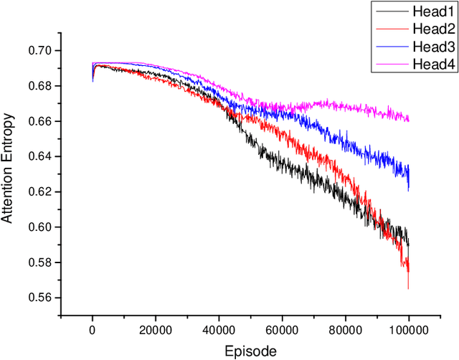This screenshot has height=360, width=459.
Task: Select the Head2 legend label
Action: coord(432,29)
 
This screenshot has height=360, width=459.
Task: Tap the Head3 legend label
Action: coord(432,47)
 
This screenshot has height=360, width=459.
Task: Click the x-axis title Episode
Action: coord(250,351)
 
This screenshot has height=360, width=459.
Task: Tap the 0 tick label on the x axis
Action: coord(93,330)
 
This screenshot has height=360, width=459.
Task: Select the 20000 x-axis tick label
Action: coord(156,330)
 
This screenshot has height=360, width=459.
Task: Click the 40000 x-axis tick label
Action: coord(219,330)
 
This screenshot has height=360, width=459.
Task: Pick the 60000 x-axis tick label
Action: coord(282,330)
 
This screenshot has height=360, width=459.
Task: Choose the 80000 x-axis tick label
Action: coord(345,330)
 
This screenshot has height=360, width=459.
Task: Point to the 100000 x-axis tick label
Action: coord(408,330)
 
